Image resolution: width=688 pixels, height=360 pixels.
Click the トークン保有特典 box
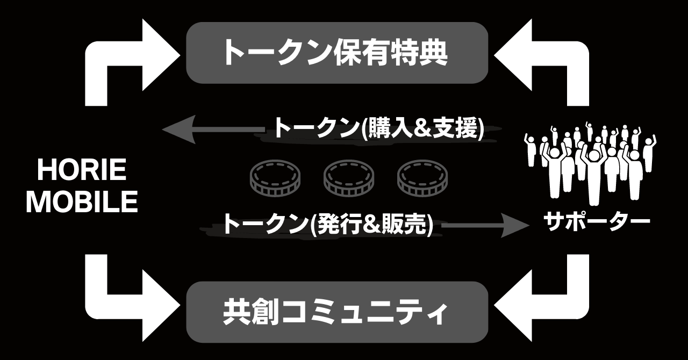[x=336, y=53]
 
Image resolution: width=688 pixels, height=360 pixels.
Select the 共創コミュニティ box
[x=336, y=312]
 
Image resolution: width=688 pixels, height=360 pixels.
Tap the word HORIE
[x=82, y=171]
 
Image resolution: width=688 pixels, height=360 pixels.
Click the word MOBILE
[x=82, y=203]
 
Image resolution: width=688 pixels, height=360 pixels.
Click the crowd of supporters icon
[x=590, y=161]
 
